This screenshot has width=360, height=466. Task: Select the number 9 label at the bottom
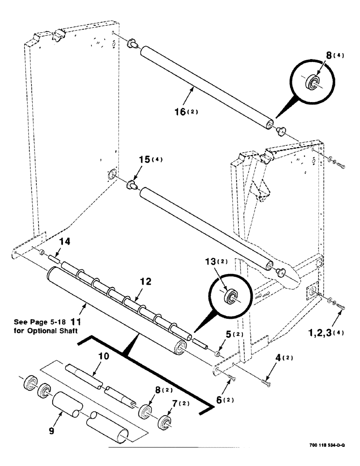click(x=51, y=431)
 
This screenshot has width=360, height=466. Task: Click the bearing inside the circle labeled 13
click(x=229, y=297)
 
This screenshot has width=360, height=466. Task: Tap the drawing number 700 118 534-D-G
click(x=326, y=445)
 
